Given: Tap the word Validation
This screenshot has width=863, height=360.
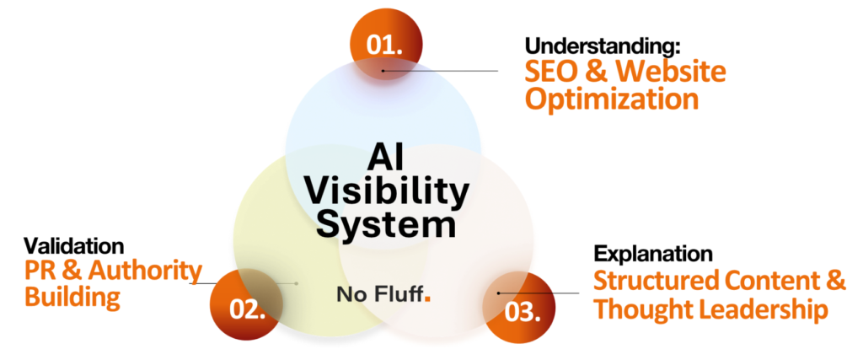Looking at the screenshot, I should tap(74, 246).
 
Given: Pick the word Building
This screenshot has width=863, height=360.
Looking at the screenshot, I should tap(71, 298).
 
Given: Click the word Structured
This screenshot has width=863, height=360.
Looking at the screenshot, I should tap(657, 281).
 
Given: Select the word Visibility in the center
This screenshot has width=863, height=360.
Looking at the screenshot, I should tap(385, 192).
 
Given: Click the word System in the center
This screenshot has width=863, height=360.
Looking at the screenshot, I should tap(385, 225).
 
